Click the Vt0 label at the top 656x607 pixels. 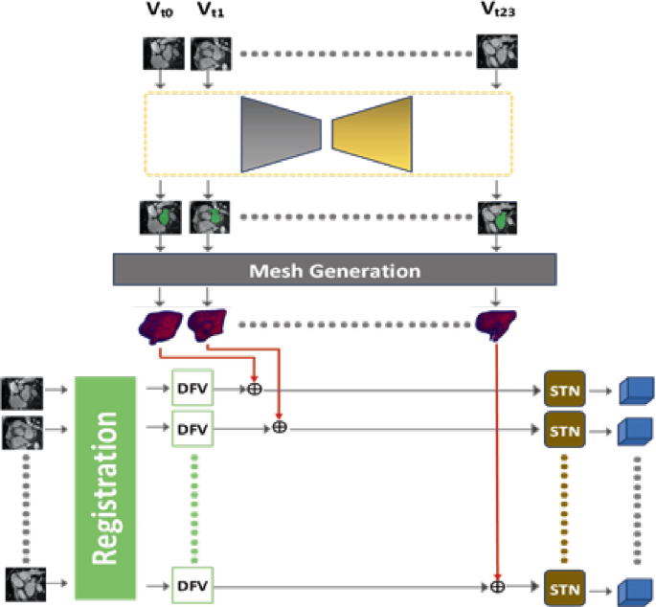click(158, 12)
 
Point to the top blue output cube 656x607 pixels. click(636, 390)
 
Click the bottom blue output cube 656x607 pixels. click(636, 585)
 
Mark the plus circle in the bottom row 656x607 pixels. click(498, 583)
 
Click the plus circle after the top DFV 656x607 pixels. click(254, 389)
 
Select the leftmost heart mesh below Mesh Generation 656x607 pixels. click(159, 324)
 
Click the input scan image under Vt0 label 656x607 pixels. click(159, 52)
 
